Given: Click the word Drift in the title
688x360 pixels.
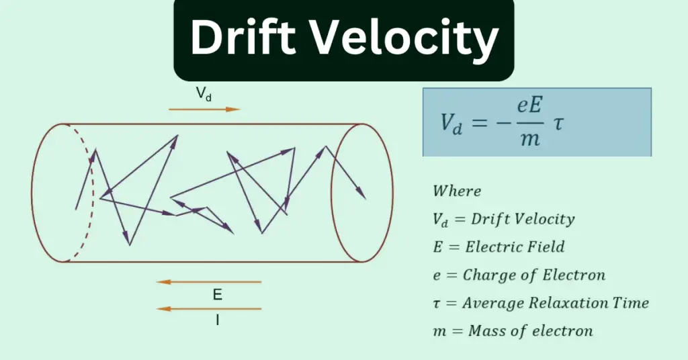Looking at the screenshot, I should pos(239,38).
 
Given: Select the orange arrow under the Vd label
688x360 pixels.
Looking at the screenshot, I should pos(204,109).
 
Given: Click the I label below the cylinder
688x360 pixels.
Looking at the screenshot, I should pos(217,321).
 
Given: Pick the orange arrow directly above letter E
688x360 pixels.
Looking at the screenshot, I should pos(208,282).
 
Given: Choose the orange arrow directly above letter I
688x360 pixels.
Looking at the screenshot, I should pos(208,309).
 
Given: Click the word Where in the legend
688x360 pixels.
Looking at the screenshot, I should pos(457,191).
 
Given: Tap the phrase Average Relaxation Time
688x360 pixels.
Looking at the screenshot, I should pos(556,303).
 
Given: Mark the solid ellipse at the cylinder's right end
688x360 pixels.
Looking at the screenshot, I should pos(363,192).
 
